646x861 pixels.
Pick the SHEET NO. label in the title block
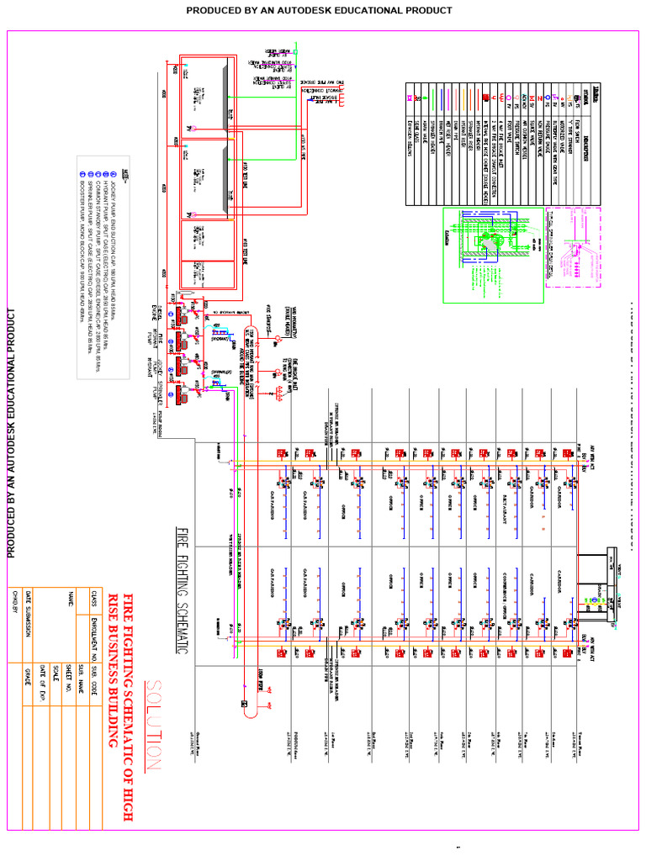pyautogui.click(x=67, y=643)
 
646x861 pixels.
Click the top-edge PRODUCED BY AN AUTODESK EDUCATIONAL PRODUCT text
pyautogui.click(x=319, y=11)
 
